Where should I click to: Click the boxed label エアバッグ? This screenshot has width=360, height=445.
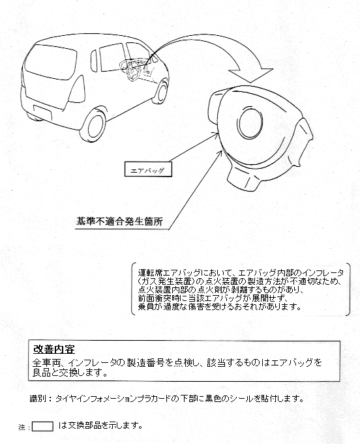[x=148, y=169]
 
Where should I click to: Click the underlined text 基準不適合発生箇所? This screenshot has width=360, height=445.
[x=119, y=222]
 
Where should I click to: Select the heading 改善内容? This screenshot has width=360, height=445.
[x=54, y=349]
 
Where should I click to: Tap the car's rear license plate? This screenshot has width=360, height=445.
[x=42, y=112]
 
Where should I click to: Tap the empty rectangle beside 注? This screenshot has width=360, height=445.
[x=42, y=427]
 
